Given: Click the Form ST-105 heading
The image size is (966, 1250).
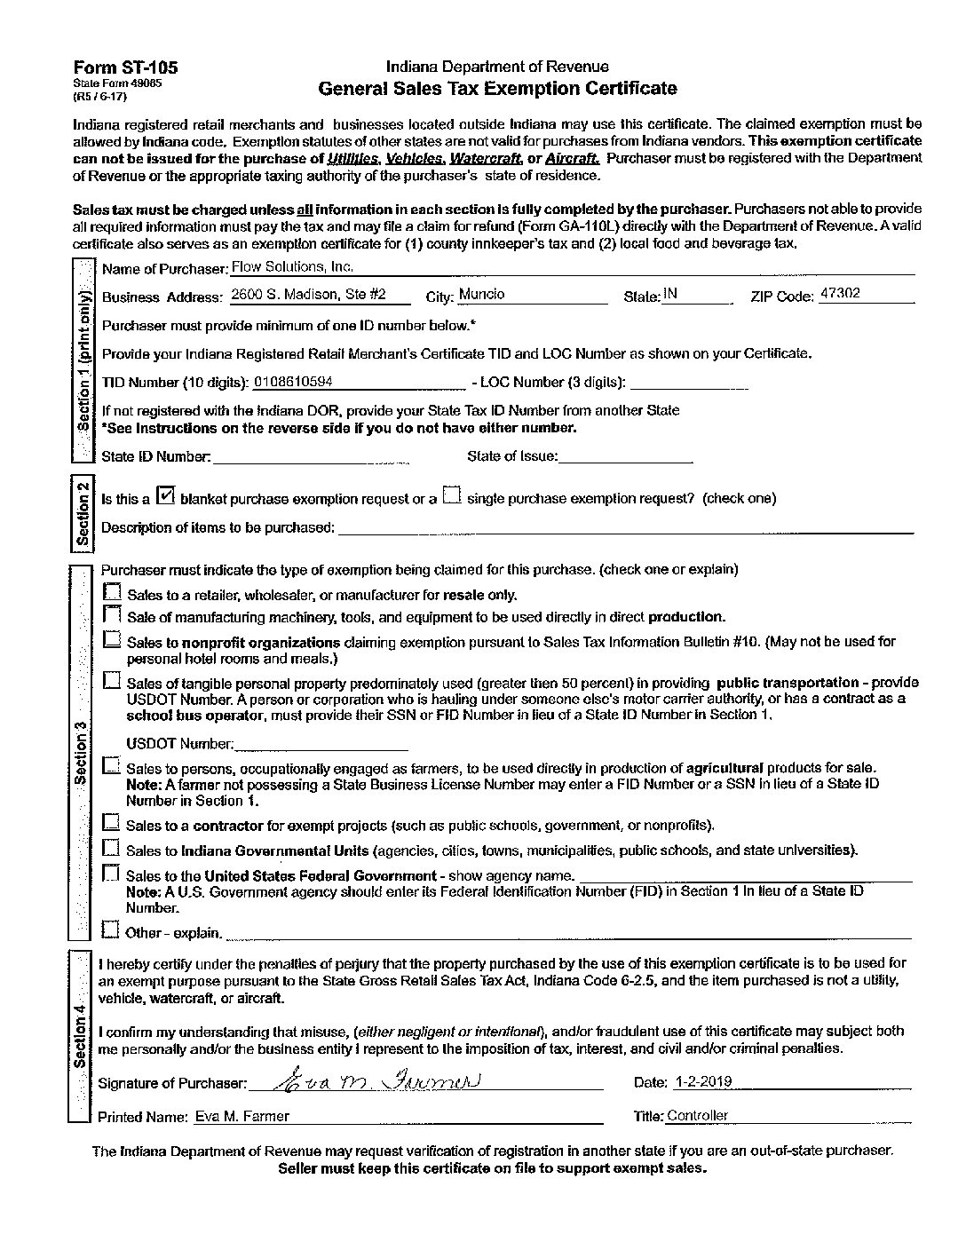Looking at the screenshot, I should click(125, 67).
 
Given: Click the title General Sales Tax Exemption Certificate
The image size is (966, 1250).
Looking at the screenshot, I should click(497, 88).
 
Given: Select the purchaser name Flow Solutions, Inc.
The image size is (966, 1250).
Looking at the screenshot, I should click(292, 266).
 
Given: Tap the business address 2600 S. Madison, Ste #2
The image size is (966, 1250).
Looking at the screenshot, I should click(307, 295).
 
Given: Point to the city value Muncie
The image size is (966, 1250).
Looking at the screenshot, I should click(482, 295).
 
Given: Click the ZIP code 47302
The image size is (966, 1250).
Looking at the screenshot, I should click(839, 294).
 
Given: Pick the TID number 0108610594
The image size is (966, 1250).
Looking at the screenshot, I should click(293, 382).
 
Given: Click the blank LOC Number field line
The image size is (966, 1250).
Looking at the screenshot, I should click(688, 385).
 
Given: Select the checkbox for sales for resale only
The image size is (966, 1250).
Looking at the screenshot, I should click(113, 592).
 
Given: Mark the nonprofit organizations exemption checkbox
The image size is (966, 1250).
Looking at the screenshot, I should click(112, 639).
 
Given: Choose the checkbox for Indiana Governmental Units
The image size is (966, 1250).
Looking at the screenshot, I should click(111, 848).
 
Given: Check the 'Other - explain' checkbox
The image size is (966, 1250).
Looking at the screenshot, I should click(111, 930).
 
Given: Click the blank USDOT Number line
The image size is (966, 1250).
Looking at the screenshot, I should click(321, 746).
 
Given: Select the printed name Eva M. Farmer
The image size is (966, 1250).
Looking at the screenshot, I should click(242, 1116).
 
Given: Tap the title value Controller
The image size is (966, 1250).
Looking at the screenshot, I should click(697, 1116).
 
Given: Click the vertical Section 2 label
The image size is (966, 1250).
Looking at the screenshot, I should click(83, 512).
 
